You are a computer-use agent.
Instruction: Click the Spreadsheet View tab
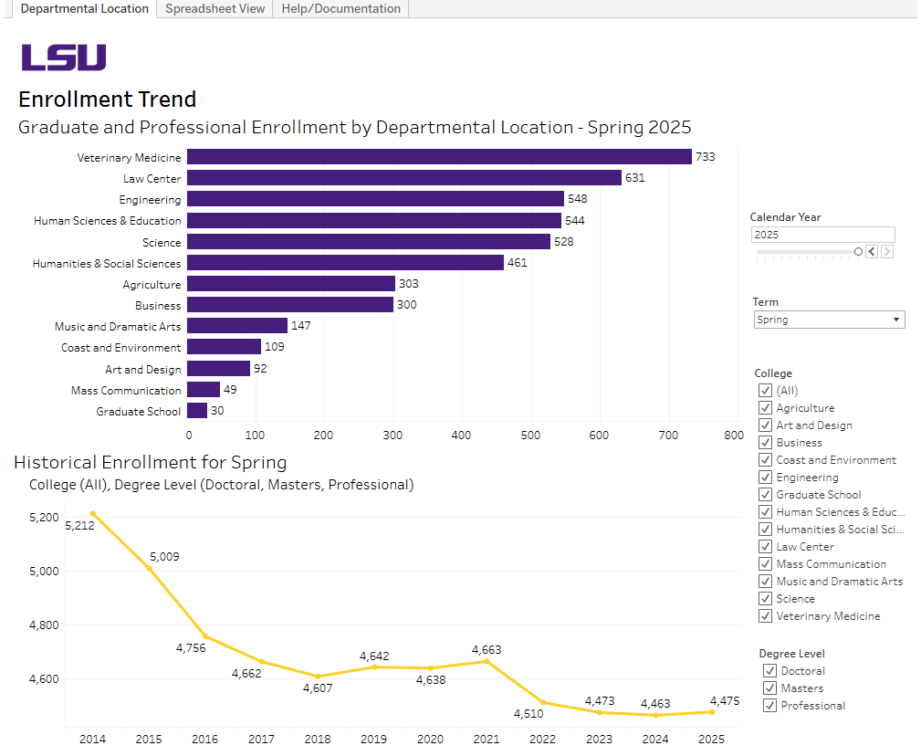215,9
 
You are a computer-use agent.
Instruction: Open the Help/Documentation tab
340,9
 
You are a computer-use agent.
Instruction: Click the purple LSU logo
64,58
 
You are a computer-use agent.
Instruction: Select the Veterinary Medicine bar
439,157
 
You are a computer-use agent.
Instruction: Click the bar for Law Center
404,178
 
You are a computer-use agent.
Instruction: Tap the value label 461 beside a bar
517,263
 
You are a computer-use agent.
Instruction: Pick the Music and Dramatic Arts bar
237,326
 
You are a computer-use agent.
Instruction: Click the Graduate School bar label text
139,412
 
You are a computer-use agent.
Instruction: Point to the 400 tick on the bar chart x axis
461,436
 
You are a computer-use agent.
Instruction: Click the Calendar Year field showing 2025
822,235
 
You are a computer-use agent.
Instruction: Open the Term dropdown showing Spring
829,320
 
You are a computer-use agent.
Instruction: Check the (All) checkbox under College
766,391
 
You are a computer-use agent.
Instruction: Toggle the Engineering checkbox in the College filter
766,478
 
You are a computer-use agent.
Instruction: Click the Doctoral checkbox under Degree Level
770,671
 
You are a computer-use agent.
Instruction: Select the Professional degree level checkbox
770,706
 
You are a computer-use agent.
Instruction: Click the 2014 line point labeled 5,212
92,513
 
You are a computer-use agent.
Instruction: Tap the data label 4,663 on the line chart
487,650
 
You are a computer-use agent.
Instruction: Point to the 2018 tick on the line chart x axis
318,739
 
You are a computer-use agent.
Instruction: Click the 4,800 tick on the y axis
43,625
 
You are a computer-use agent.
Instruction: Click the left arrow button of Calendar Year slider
872,252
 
